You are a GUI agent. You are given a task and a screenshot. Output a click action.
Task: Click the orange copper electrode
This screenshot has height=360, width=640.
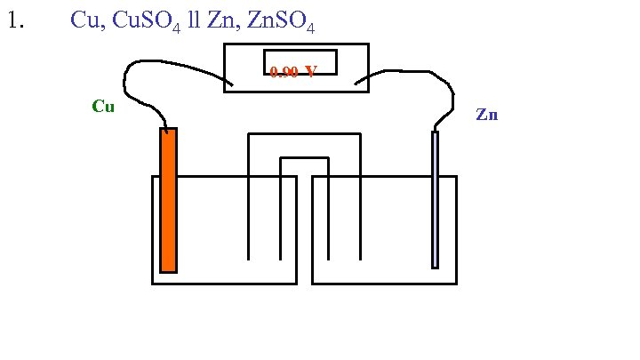tap(168, 200)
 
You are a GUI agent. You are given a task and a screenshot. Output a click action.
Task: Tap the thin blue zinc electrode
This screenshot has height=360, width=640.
tap(435, 199)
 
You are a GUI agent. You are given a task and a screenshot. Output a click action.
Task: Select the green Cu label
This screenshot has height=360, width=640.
tap(103, 108)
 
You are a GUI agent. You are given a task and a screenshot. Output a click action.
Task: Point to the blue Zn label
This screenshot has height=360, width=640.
tap(486, 115)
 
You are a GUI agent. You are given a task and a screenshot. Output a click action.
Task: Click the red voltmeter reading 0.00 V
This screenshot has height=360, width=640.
tap(292, 72)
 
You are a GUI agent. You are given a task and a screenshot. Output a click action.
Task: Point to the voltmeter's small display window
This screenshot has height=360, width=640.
tap(300, 62)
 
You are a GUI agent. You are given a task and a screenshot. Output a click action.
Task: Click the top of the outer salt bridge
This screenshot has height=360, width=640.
tap(304, 134)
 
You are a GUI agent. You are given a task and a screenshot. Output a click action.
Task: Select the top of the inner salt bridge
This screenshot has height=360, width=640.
tap(304, 157)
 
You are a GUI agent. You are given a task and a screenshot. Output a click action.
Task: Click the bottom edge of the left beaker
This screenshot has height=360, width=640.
tap(224, 284)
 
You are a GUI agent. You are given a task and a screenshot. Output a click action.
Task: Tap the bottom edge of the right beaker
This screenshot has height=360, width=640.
tap(384, 284)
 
